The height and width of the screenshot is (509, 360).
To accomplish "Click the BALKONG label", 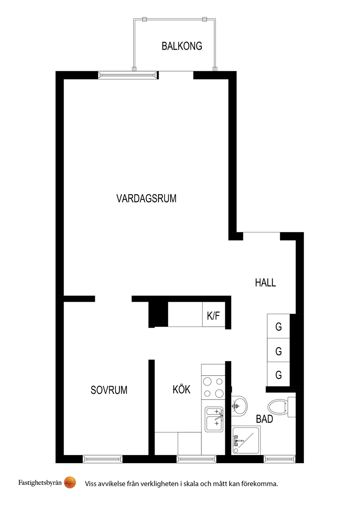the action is [x=182, y=46].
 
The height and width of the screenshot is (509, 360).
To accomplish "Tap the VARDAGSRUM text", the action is [x=146, y=198].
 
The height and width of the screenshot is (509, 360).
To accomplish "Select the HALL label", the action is [x=265, y=283].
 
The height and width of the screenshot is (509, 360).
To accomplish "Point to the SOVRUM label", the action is [x=109, y=390].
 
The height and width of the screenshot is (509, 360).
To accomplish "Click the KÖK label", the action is [x=181, y=389].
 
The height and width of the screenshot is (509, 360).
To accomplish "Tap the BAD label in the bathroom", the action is [x=264, y=419].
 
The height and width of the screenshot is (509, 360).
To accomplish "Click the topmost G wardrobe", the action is [x=278, y=326].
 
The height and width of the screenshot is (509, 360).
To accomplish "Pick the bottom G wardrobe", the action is [x=278, y=374].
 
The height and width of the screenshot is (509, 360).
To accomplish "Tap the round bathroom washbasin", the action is [x=239, y=406].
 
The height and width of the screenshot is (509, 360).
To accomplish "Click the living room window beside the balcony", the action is [x=128, y=75].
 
